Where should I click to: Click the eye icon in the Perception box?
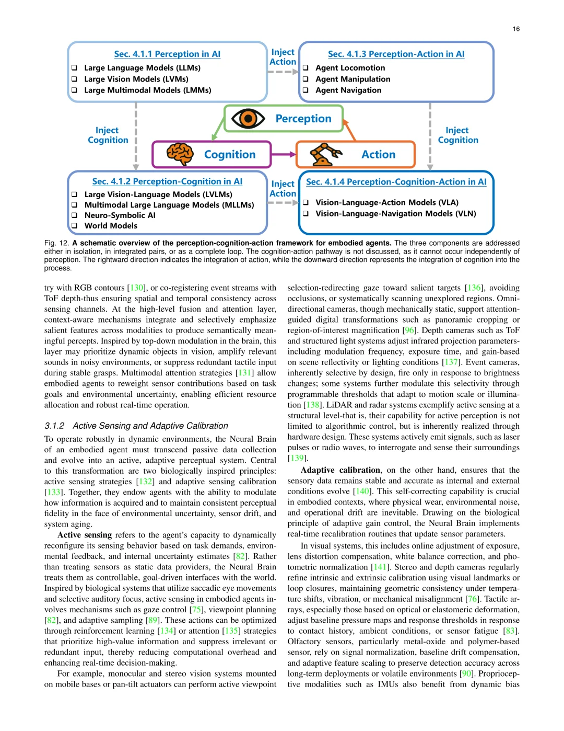[248, 119]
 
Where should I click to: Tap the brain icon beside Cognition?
[180, 154]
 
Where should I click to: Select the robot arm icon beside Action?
[325, 154]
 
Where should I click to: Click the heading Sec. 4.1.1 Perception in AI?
[167, 54]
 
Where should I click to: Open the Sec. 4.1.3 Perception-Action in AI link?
[396, 54]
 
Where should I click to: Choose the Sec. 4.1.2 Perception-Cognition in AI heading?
[167, 181]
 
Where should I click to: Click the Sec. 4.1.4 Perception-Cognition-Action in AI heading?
[396, 182]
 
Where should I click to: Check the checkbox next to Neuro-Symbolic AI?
[74, 215]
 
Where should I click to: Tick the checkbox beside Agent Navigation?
[305, 90]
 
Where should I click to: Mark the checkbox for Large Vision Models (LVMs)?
[74, 79]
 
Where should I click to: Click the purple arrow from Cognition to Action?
[284, 154]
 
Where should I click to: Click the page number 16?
[516, 29]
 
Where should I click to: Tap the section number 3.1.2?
[54, 426]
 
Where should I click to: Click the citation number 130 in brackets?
[137, 288]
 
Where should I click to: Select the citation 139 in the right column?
[297, 458]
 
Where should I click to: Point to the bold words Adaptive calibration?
[340, 470]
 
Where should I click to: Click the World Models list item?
[111, 226]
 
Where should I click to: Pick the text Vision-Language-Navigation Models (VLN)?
[395, 213]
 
